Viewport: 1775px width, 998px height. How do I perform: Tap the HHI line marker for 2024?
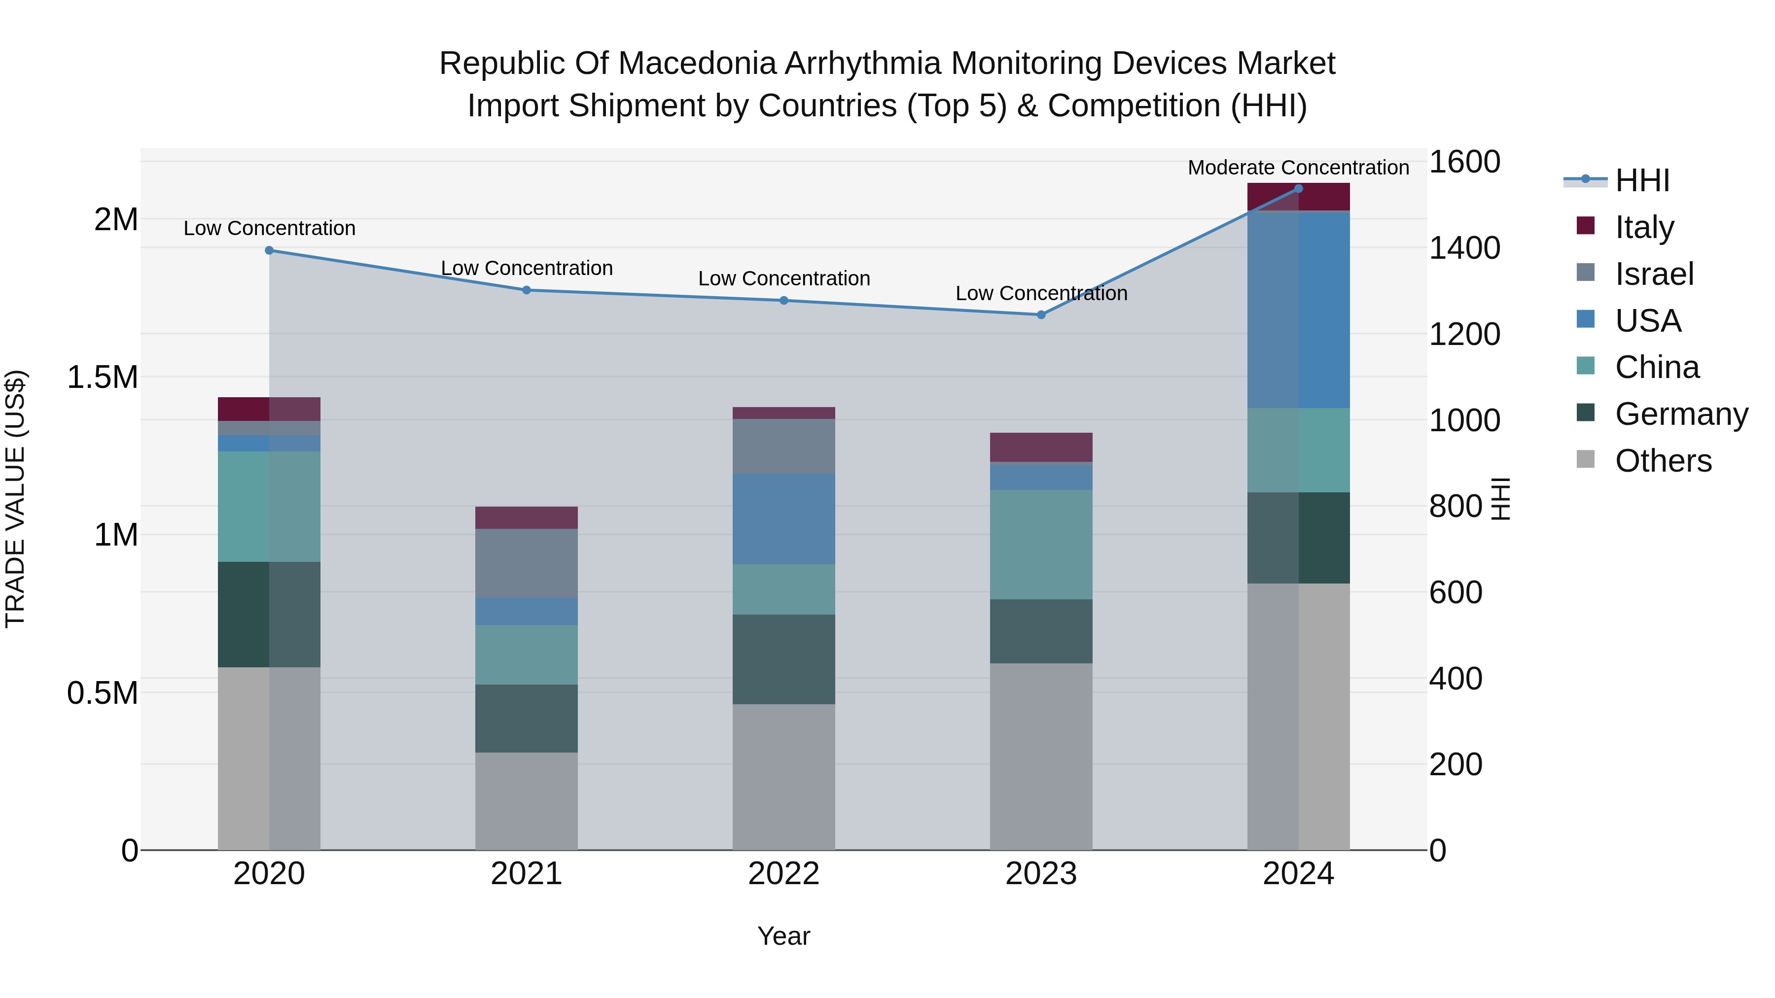coord(1298,189)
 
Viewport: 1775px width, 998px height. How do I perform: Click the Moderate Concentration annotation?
coord(1298,168)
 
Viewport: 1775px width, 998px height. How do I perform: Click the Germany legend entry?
coord(1681,414)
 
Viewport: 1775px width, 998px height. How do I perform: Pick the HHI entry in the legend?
coord(1641,180)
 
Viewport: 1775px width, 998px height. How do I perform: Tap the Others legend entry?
coord(1663,461)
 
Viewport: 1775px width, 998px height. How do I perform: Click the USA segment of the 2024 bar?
coord(1298,310)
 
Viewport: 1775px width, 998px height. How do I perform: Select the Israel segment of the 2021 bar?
coord(527,563)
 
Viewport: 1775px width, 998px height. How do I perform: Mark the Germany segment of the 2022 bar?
coord(783,659)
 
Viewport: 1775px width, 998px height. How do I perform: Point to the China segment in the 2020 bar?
coord(269,507)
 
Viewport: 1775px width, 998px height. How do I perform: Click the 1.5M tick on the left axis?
coord(102,378)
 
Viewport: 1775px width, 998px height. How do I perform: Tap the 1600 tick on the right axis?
coord(1464,163)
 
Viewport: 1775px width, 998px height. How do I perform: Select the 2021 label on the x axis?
coord(527,874)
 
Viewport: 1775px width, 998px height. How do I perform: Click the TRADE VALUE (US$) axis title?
coord(16,499)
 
